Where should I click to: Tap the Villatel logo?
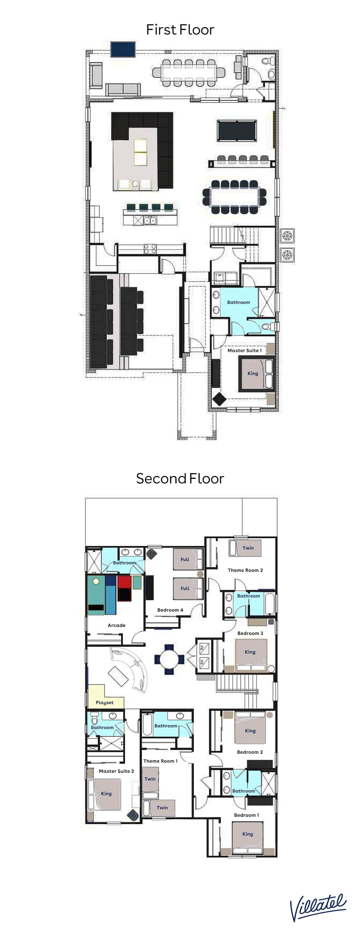click(317, 907)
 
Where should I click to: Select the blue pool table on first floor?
click(237, 131)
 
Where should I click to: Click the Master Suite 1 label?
click(244, 350)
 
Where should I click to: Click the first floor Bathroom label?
click(238, 302)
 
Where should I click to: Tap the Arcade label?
click(116, 625)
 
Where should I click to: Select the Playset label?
click(104, 703)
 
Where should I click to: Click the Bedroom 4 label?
click(170, 610)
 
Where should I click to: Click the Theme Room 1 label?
click(160, 761)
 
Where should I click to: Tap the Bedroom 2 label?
click(250, 752)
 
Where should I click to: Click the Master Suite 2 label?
click(116, 771)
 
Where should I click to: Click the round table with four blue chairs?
click(169, 659)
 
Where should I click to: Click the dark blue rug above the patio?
click(123, 49)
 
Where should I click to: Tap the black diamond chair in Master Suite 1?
click(219, 400)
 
